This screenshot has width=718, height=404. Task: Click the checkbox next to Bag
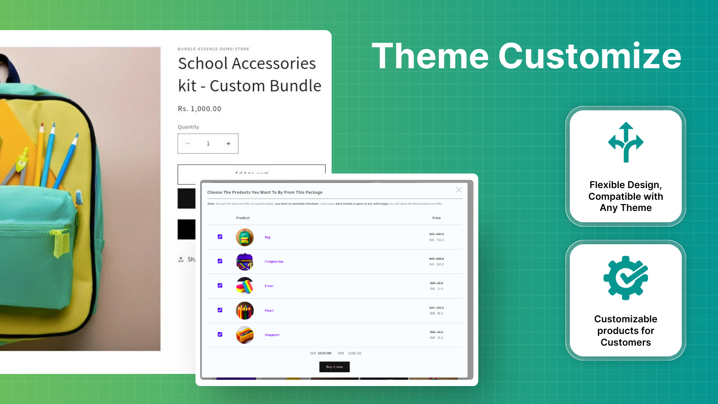(x=220, y=237)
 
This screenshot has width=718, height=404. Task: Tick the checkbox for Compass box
(x=220, y=261)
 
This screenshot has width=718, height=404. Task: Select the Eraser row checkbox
(x=220, y=285)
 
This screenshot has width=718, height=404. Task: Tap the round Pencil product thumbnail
(x=245, y=310)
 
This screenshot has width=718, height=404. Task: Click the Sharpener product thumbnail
(x=245, y=335)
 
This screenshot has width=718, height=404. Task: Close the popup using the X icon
(x=459, y=190)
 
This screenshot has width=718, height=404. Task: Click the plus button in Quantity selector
(x=228, y=144)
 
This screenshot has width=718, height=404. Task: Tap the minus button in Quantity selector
(x=188, y=144)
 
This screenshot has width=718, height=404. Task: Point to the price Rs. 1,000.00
(x=199, y=109)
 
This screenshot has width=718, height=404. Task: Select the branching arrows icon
(x=626, y=142)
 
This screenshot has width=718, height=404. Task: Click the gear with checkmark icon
(x=626, y=278)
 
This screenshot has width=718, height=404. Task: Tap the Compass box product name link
(x=274, y=262)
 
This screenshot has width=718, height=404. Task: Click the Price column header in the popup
(x=436, y=218)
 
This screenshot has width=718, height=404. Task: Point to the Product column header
(x=243, y=218)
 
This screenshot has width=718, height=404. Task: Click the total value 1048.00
(x=354, y=353)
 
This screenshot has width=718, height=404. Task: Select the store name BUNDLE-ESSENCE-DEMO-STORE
(x=213, y=49)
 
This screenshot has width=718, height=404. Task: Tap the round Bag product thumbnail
(x=245, y=237)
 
